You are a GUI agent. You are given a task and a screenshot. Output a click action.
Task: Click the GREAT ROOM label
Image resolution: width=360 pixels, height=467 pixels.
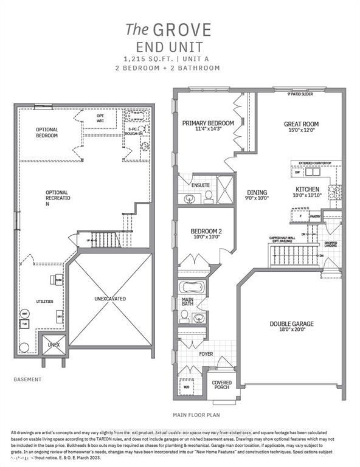301,124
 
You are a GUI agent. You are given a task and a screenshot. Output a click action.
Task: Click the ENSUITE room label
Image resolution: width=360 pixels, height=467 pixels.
201,185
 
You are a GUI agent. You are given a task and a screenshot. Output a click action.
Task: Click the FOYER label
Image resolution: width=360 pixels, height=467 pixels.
206,353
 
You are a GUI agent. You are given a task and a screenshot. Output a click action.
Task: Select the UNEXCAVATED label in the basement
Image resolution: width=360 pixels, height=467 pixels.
109,299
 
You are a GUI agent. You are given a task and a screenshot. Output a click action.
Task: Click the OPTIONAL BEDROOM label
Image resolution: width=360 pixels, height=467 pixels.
47,132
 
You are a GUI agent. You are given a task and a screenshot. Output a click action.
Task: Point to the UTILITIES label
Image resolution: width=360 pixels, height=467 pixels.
44,301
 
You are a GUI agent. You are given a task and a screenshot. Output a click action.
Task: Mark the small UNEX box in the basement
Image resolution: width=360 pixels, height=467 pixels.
52,344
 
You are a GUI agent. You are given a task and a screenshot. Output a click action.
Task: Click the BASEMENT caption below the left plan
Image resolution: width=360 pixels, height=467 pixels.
27,379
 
